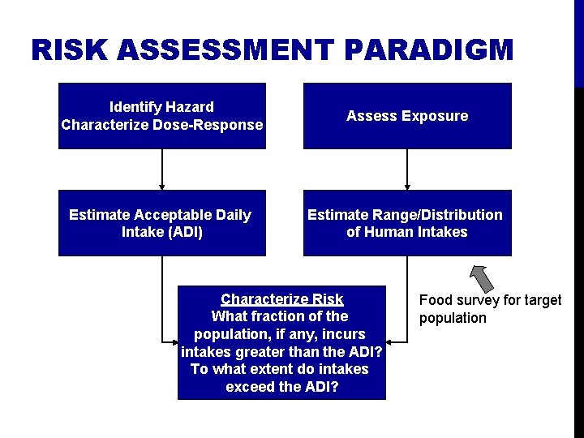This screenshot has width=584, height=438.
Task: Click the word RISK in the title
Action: pyautogui.click(x=71, y=50)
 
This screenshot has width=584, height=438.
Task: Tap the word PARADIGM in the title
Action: pyautogui.click(x=429, y=50)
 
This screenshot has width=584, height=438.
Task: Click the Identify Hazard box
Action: pyautogui.click(x=162, y=116)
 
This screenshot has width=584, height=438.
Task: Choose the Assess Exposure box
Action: pyautogui.click(x=407, y=116)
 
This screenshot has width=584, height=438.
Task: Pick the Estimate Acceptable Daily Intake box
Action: pyautogui.click(x=161, y=223)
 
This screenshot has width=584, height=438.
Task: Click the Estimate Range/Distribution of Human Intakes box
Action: pyautogui.click(x=407, y=223)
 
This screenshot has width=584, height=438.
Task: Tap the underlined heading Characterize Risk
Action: pyautogui.click(x=281, y=299)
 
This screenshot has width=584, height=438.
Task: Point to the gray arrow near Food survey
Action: pyautogui.click(x=482, y=277)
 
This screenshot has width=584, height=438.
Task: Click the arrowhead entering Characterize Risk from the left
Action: pyautogui.click(x=173, y=342)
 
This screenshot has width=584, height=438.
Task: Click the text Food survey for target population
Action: pyautogui.click(x=489, y=309)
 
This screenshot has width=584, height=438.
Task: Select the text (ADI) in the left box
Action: pyautogui.click(x=184, y=233)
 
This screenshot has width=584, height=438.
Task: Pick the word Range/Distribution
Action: pyautogui.click(x=438, y=215)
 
